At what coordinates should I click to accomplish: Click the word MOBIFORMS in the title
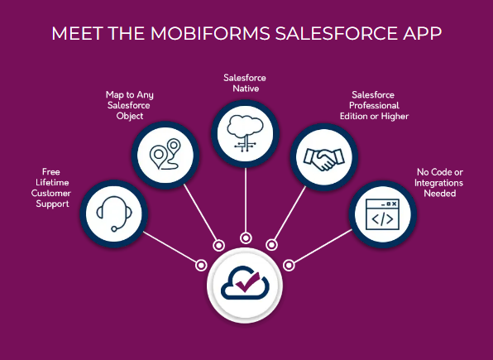[210, 33]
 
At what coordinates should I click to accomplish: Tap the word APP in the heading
[422, 33]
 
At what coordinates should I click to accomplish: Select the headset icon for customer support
[114, 214]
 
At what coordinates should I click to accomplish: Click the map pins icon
[165, 155]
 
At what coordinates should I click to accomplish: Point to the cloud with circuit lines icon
[245, 133]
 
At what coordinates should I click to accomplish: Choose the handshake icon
[324, 159]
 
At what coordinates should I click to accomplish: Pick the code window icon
[382, 214]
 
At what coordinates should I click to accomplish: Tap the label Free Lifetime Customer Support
[51, 188]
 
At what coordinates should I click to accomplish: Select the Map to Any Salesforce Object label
[130, 105]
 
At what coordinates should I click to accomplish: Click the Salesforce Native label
[245, 83]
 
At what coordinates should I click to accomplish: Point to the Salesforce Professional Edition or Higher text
[374, 105]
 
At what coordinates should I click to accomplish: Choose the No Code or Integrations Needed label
[439, 183]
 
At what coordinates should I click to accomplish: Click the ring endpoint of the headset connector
[201, 265]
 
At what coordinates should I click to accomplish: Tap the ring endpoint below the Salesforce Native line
[246, 238]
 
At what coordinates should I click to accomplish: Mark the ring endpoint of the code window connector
[289, 265]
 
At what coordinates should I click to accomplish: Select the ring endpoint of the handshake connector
[271, 245]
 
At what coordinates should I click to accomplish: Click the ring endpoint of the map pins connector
[219, 246]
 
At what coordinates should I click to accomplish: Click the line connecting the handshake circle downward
[290, 214]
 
